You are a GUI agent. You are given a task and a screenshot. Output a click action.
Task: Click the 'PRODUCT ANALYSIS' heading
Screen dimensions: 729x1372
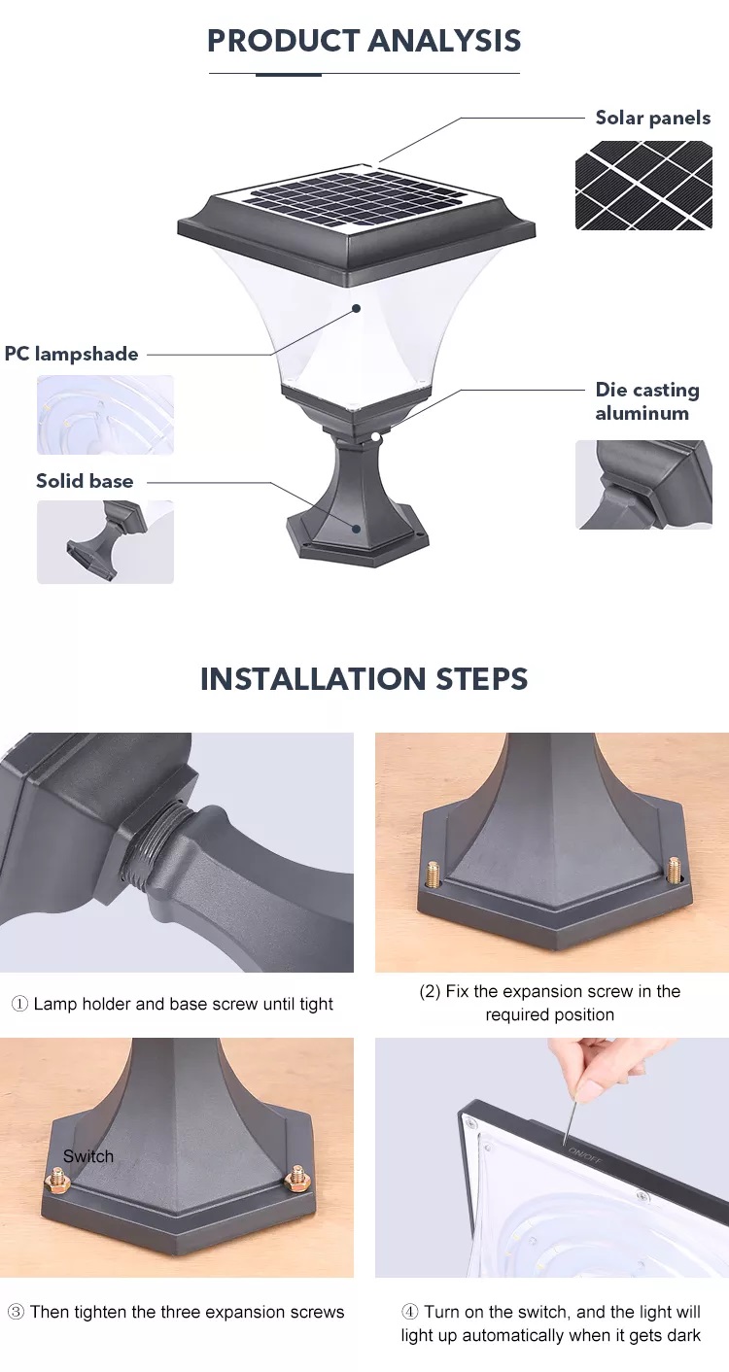[x=364, y=41]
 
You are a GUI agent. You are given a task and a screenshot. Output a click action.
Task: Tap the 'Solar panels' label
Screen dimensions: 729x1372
[x=653, y=118]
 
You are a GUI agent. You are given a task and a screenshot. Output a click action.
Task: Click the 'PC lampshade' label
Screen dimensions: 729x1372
[x=71, y=354]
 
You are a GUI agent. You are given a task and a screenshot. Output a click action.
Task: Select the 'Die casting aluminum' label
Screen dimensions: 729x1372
[x=647, y=401]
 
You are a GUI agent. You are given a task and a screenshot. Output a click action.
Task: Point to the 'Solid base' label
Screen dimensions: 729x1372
[x=85, y=481]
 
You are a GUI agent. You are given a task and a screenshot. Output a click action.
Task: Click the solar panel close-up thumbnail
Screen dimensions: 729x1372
[x=643, y=186]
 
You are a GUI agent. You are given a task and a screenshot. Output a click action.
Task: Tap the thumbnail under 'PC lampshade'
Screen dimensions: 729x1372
[x=105, y=415]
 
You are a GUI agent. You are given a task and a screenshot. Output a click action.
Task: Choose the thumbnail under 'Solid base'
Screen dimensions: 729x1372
[x=105, y=541]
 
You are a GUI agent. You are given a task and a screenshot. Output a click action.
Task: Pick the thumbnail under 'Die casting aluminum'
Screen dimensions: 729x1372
[x=643, y=484]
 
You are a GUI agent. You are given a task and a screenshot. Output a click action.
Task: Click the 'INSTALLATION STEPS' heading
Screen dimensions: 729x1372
[x=364, y=678]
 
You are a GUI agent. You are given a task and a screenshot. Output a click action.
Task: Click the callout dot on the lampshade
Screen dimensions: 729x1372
[x=356, y=309]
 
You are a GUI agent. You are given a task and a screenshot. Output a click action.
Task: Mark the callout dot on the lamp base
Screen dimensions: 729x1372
[x=356, y=528]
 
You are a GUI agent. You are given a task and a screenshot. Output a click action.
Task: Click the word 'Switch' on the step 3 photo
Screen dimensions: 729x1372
[x=88, y=1156]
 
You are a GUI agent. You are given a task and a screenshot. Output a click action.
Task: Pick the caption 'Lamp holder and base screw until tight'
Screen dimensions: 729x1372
[x=183, y=1004]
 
